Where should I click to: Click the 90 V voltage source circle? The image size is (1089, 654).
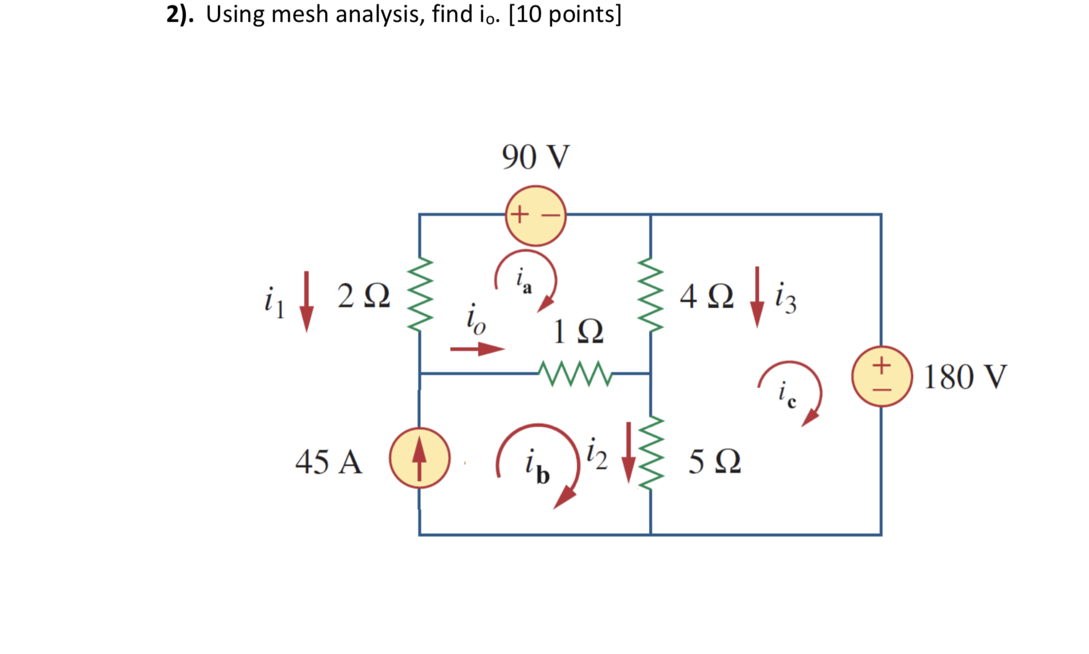coord(535,216)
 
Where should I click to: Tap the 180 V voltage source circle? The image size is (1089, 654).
coord(881,376)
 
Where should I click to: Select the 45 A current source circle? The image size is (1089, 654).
coord(419,458)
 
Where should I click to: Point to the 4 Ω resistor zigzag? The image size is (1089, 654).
coord(651,295)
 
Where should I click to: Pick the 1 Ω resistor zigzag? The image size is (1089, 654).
coord(575,374)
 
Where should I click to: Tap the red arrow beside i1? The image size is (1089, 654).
coord(306,301)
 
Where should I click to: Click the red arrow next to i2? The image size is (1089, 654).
coord(628,452)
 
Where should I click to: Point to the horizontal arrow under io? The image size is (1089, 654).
coord(477,349)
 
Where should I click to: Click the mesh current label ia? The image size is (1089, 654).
coord(523,280)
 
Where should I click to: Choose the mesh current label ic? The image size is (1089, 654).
coord(787,393)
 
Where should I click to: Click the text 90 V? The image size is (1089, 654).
coord(535,157)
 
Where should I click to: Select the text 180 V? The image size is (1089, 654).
coord(965,377)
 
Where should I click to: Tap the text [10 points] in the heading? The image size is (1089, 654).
coord(564,14)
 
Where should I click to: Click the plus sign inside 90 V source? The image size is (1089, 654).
coord(519,215)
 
